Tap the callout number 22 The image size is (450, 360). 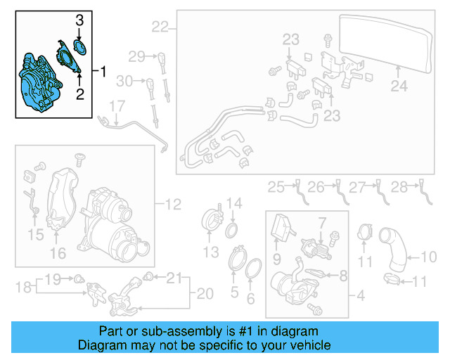pos(160,27)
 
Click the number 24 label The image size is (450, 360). pos(399,87)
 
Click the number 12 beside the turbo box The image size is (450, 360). pos(173,205)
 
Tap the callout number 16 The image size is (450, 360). pos(56,251)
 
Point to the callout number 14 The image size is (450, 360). pos(235,204)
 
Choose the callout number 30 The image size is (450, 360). pos(124,81)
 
